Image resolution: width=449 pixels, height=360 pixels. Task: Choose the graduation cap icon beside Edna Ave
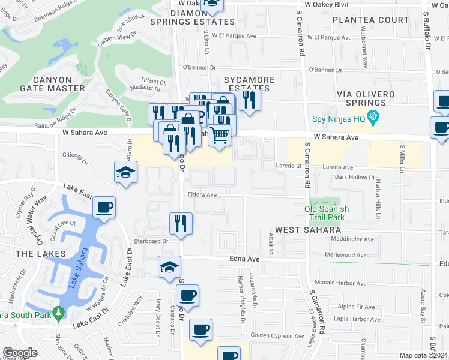169,267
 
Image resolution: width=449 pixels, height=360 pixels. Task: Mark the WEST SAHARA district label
308,230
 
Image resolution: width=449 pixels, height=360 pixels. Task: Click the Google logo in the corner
20,353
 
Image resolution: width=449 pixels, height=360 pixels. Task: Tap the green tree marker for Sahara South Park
58,313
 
